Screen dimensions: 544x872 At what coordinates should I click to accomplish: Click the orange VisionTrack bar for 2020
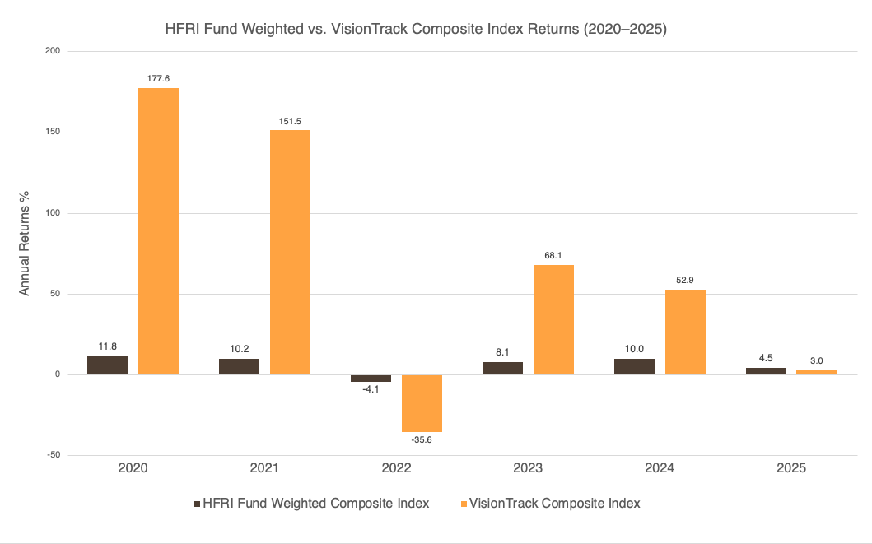click(x=158, y=231)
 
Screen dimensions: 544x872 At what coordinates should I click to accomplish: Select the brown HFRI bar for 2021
click(x=239, y=366)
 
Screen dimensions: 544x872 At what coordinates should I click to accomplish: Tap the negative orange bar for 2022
click(x=422, y=403)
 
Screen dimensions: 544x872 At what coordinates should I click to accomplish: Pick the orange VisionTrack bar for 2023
click(x=553, y=319)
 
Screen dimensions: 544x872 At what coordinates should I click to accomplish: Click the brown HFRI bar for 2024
click(x=634, y=366)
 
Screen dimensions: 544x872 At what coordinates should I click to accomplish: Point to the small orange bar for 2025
click(x=817, y=372)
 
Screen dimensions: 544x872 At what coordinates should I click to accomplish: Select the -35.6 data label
click(x=422, y=441)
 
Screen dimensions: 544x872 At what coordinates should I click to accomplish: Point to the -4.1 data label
click(x=371, y=390)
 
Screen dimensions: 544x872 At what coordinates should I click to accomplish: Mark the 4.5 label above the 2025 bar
click(x=766, y=358)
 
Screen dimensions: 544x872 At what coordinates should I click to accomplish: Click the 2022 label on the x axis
click(x=396, y=468)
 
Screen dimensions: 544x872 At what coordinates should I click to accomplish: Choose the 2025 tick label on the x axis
click(x=791, y=468)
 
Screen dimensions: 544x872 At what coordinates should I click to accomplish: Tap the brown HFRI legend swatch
click(x=197, y=504)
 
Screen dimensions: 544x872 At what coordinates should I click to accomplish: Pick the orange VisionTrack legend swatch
click(x=465, y=504)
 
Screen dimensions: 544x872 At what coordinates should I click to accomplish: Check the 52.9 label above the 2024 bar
click(x=685, y=281)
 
